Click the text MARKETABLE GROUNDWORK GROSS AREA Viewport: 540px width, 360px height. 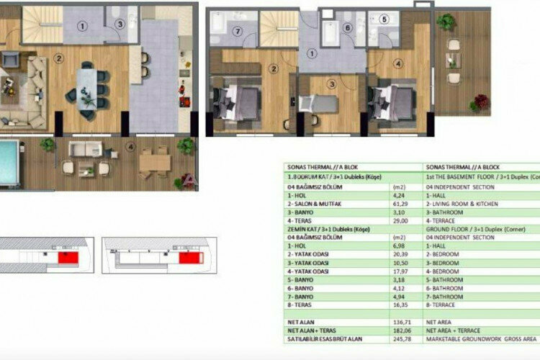(481, 338)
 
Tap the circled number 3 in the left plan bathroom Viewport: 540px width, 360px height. (120, 24)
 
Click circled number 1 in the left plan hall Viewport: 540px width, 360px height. (83, 27)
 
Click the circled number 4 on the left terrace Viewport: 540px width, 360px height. (130, 149)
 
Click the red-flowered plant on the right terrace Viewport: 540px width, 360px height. (477, 104)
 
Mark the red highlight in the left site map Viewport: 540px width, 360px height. (66, 256)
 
